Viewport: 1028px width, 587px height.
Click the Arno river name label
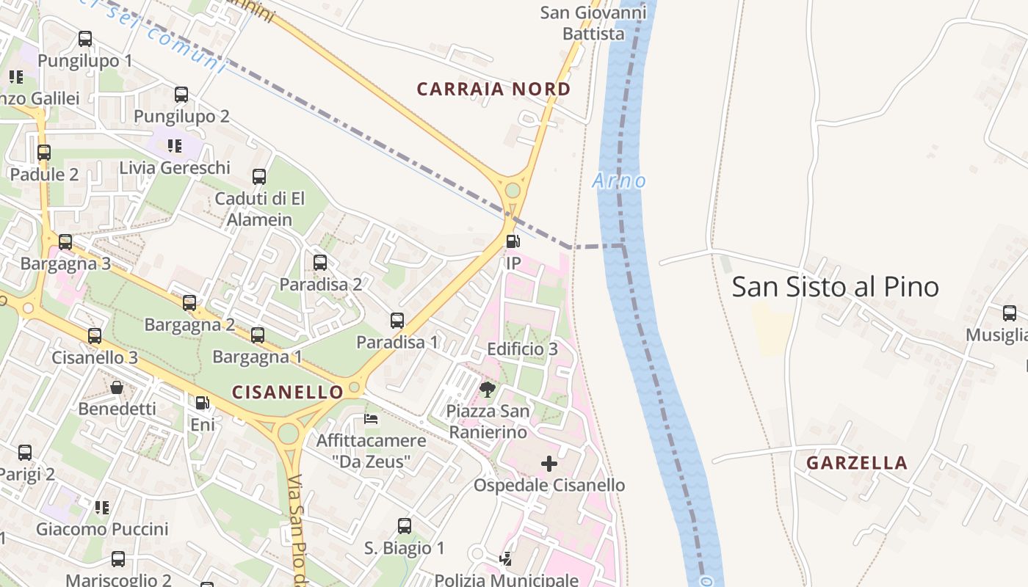tap(619, 181)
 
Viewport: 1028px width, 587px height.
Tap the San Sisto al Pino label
tap(835, 287)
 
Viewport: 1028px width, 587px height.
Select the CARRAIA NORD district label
tap(493, 90)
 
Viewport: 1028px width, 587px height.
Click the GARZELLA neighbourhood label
tap(857, 463)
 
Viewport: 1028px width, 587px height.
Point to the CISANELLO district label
tap(288, 392)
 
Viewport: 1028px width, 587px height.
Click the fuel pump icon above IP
tap(513, 241)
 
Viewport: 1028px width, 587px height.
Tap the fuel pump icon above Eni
tap(202, 402)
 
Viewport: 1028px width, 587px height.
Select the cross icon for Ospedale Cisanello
tap(549, 464)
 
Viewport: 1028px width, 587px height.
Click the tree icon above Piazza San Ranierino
tap(487, 389)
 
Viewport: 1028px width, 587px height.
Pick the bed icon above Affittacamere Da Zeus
tap(372, 419)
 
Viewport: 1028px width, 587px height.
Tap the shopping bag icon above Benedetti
tap(117, 387)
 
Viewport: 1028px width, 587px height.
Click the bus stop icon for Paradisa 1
tap(397, 321)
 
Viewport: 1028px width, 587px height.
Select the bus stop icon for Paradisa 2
tap(320, 263)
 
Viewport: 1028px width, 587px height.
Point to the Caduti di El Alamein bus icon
tap(259, 177)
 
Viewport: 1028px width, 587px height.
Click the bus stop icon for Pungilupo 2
tap(181, 95)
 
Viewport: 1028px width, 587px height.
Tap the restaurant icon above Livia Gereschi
tap(175, 145)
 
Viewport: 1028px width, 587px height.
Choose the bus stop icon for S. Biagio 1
tap(405, 526)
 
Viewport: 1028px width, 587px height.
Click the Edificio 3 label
tap(523, 349)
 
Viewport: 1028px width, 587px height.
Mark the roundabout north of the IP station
tap(513, 191)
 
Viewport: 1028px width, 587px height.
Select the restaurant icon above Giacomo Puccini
tap(102, 507)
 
